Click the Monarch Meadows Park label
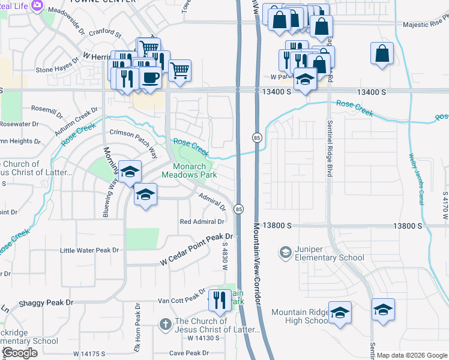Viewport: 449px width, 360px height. point(189,170)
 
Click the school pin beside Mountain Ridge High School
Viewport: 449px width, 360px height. point(340,313)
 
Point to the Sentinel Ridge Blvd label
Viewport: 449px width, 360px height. point(329,156)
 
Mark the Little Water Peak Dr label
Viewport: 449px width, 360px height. point(89,250)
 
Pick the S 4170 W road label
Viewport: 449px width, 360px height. point(445,206)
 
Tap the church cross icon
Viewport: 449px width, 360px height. point(165,325)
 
